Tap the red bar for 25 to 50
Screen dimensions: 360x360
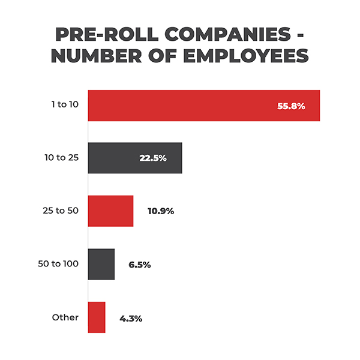pyautogui.click(x=110, y=211)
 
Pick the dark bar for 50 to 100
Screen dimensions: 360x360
pyautogui.click(x=101, y=264)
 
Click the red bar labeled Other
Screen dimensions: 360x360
pyautogui.click(x=97, y=317)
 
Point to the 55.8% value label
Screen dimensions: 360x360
pyautogui.click(x=291, y=106)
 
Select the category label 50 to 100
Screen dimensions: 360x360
pyautogui.click(x=59, y=264)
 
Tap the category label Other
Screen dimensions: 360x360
pyautogui.click(x=65, y=317)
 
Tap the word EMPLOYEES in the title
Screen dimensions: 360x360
pyautogui.click(x=248, y=56)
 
